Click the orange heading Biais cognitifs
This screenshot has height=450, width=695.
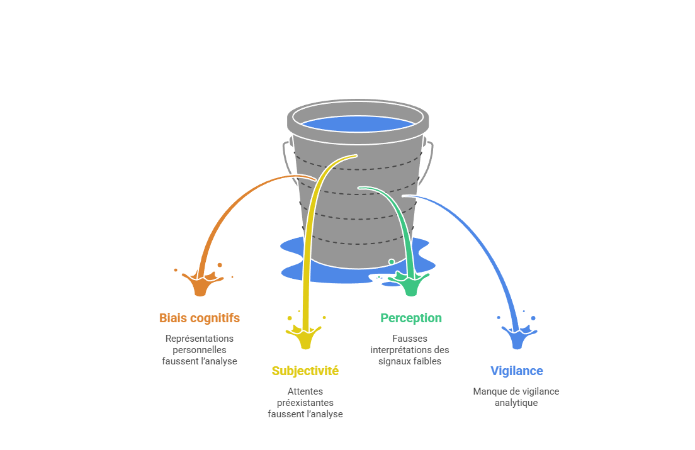click(x=199, y=318)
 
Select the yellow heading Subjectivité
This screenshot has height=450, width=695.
click(x=305, y=371)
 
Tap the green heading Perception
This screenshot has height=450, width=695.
click(x=410, y=318)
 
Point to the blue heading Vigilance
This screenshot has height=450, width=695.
click(x=516, y=371)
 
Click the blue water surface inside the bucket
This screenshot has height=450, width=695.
click(x=358, y=124)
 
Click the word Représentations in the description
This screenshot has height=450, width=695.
click(x=199, y=339)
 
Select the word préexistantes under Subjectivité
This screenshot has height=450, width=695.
click(x=305, y=403)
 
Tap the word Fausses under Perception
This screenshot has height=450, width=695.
click(x=410, y=339)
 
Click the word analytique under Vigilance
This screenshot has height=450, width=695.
click(x=516, y=403)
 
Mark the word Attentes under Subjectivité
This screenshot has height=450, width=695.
click(x=305, y=391)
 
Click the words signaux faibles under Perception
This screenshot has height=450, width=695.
click(x=410, y=361)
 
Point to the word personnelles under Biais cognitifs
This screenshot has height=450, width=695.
click(x=199, y=350)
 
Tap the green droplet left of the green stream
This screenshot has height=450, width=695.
click(x=392, y=262)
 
